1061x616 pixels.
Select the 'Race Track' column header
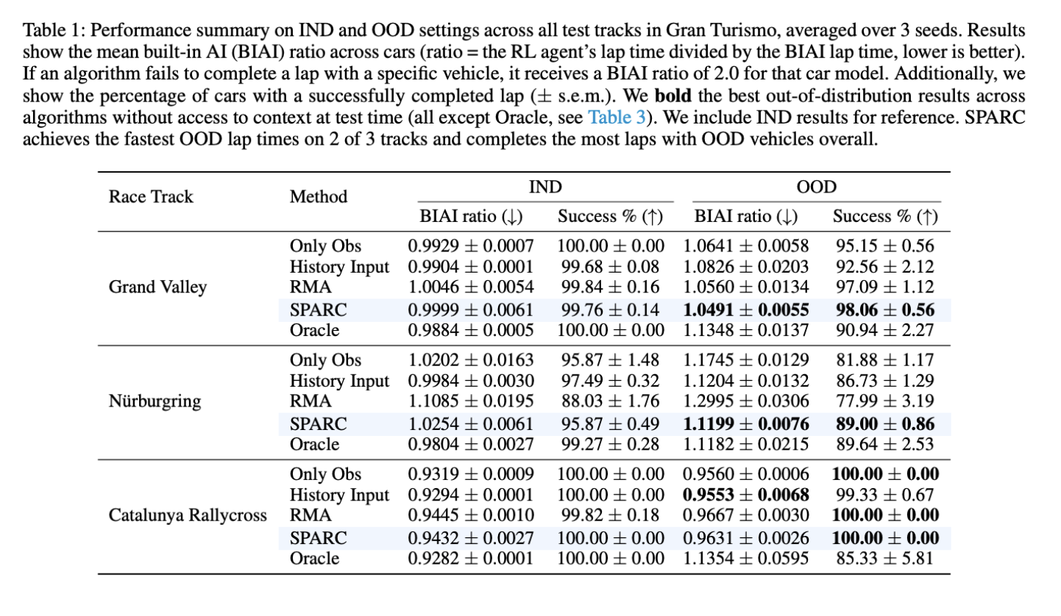click(151, 196)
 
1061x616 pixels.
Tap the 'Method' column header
click(319, 196)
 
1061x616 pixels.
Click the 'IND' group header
click(545, 187)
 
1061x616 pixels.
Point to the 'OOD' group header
click(817, 187)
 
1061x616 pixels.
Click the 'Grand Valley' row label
click(157, 287)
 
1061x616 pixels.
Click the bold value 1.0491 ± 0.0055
click(746, 309)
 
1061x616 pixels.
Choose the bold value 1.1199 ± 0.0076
click(746, 424)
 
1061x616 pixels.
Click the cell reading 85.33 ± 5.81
click(886, 559)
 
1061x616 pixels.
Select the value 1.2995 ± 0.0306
click(746, 402)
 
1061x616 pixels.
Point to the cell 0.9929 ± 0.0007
click(471, 246)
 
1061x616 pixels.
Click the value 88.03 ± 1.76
click(611, 402)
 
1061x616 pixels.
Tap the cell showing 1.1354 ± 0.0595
click(746, 559)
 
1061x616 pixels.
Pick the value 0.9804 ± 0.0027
click(471, 445)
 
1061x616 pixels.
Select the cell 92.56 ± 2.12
click(886, 267)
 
